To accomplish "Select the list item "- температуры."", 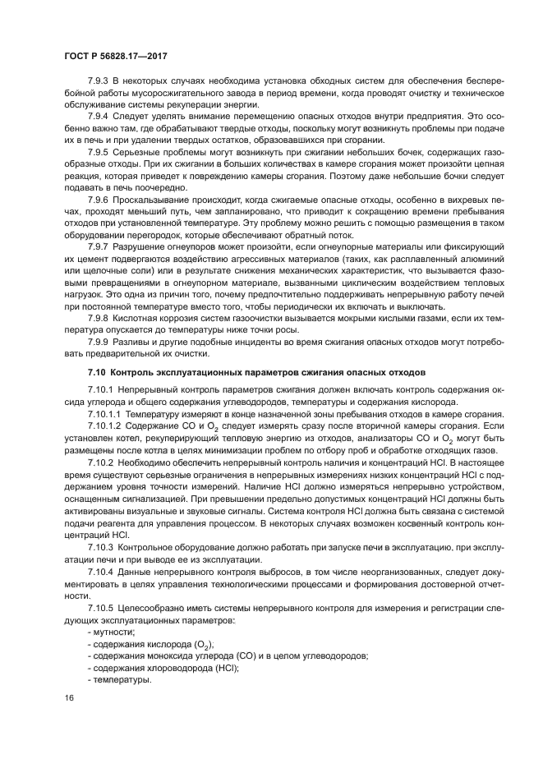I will coord(118,681).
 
